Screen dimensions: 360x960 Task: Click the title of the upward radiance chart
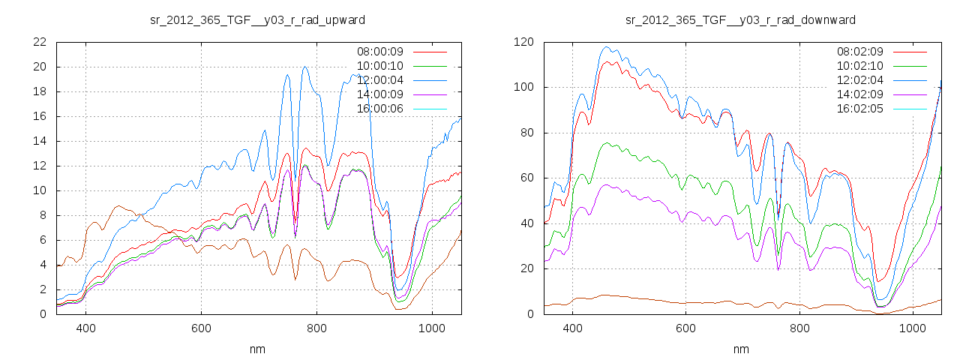(258, 19)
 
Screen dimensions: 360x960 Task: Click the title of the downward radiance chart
(741, 19)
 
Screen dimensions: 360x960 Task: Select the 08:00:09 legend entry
(380, 52)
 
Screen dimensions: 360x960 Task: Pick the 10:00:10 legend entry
(380, 66)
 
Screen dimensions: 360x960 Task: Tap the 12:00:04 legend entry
(380, 80)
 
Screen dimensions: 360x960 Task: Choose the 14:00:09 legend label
(380, 94)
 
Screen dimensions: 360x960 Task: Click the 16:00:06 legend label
(380, 109)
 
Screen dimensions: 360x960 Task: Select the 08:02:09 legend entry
(860, 52)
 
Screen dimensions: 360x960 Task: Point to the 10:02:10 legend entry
(860, 66)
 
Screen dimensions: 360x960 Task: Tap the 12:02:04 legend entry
(860, 80)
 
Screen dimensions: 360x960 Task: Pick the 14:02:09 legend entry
(860, 94)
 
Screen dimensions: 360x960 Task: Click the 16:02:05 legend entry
(860, 109)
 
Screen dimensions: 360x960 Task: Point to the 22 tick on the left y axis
(40, 42)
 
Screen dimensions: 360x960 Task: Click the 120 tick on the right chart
(523, 42)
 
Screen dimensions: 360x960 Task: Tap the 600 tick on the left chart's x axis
(201, 328)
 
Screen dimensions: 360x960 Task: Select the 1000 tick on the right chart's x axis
(912, 328)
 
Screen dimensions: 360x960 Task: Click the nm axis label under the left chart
(258, 349)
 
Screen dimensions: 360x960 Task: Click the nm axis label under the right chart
(741, 349)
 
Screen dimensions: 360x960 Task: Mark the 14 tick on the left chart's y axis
(40, 141)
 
